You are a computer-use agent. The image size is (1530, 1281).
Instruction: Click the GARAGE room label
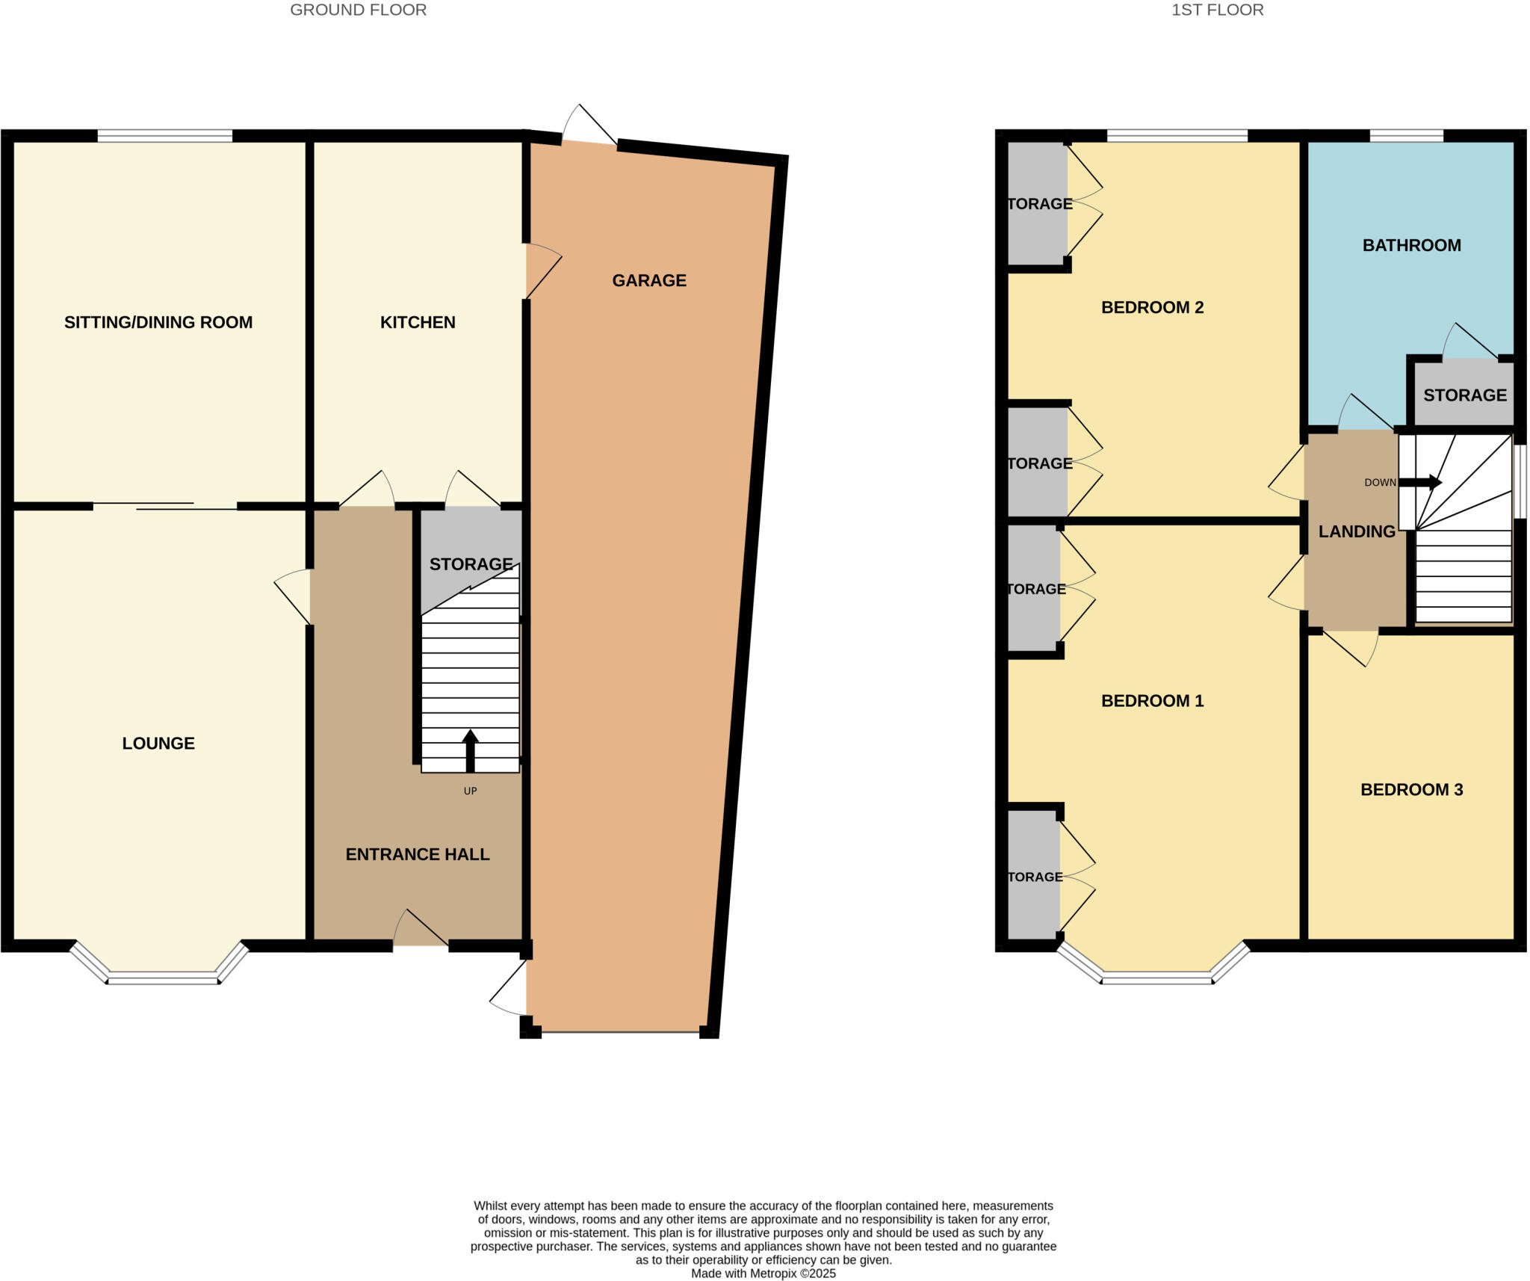coord(648,280)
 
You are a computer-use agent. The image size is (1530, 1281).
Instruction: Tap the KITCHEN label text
coord(418,322)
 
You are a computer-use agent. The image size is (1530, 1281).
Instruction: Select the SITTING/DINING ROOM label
coord(158,322)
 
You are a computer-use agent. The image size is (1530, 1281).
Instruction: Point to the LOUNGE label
coord(158,743)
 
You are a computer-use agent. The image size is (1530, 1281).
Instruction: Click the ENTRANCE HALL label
coord(417,854)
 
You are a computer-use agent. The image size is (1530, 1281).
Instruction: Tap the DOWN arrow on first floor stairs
coord(1420,483)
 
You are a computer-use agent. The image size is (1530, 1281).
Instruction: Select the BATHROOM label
coord(1411,245)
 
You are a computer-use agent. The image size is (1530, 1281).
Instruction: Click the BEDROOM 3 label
coord(1411,789)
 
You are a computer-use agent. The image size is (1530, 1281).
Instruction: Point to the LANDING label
coord(1356,531)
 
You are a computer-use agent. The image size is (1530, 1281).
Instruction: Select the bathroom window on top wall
coord(1406,135)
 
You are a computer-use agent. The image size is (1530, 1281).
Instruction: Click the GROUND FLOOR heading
coord(358,10)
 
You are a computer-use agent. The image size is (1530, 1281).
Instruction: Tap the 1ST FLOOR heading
coord(1217,10)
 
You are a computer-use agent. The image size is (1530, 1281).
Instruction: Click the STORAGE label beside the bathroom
coord(1464,395)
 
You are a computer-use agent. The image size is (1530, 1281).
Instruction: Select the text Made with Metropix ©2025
coord(763,1274)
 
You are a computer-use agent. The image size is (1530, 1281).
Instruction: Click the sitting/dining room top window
coord(164,135)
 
